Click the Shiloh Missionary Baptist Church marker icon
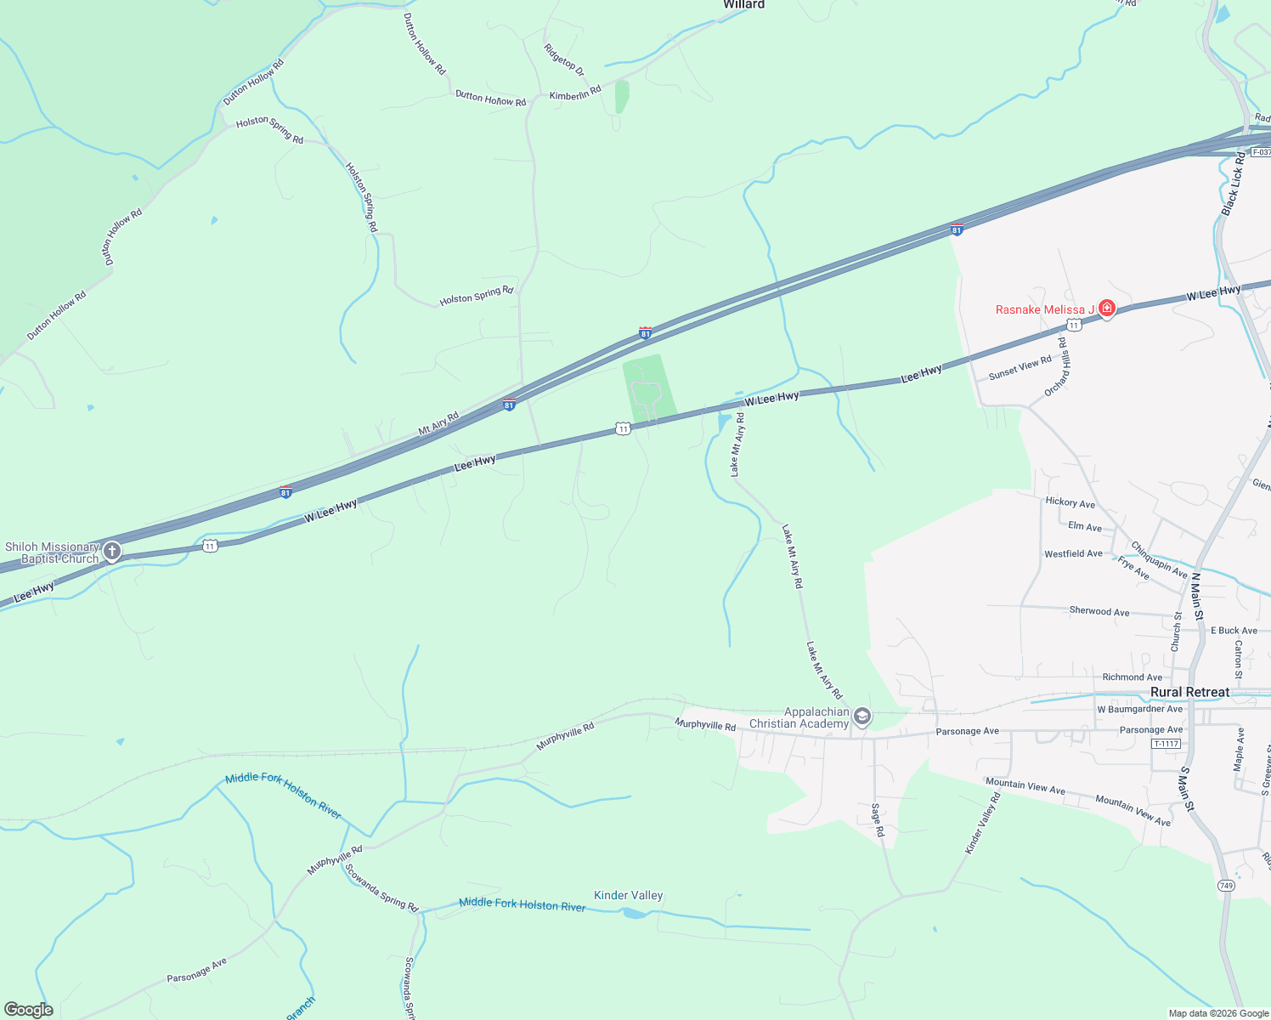111,552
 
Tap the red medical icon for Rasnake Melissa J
1106,309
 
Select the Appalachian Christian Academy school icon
861,717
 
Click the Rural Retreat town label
1189,692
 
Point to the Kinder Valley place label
628,895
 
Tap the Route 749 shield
1226,886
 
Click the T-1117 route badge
1166,744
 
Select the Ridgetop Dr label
565,59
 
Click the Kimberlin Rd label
575,93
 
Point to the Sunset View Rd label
1020,368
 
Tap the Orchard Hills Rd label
1058,366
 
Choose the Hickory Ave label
1070,502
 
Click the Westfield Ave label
1073,553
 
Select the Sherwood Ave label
1099,611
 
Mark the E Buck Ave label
1233,631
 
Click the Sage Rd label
878,820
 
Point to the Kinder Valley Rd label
983,823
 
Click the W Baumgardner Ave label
1139,709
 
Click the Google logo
29,1010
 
